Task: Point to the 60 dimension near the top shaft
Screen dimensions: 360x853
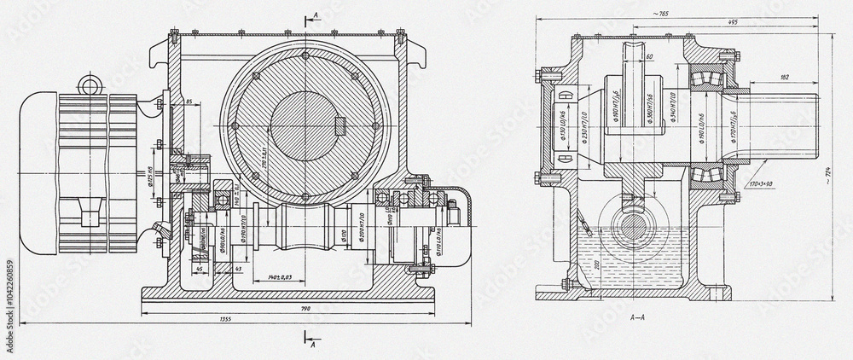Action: coord(648,56)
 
